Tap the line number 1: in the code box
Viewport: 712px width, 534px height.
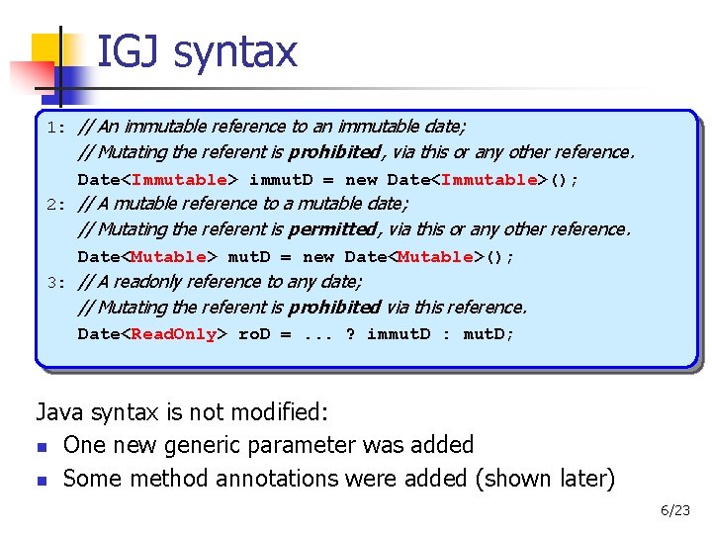(56, 128)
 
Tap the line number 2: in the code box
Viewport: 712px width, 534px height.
(56, 205)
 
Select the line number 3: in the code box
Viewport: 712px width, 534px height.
(56, 282)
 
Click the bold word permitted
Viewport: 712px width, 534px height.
(332, 229)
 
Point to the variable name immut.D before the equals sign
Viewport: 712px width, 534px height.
(281, 180)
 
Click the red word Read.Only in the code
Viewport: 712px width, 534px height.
(174, 334)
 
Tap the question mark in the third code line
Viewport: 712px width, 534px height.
(350, 334)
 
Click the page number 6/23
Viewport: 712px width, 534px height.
(675, 511)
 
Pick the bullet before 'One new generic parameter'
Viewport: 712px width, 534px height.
(42, 447)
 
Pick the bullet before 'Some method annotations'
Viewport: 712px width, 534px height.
(42, 481)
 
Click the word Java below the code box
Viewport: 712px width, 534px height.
(61, 412)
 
